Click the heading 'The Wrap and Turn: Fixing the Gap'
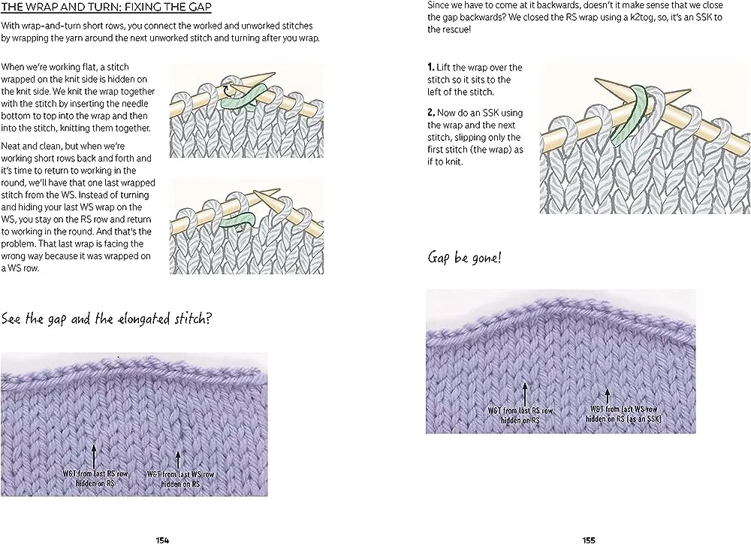[x=106, y=9]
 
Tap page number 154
[x=162, y=539]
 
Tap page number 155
[x=589, y=539]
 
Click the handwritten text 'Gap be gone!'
[x=465, y=258]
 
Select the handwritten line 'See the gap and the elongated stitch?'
[x=106, y=319]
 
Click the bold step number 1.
[x=430, y=68]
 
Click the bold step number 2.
[x=430, y=113]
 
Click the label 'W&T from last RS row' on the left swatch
[x=94, y=474]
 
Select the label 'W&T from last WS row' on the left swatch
[x=180, y=474]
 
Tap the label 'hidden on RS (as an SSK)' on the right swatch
[x=625, y=419]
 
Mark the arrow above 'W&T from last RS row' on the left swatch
[x=94, y=455]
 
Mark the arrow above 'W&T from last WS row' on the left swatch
[x=179, y=459]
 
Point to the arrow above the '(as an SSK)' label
[x=607, y=394]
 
